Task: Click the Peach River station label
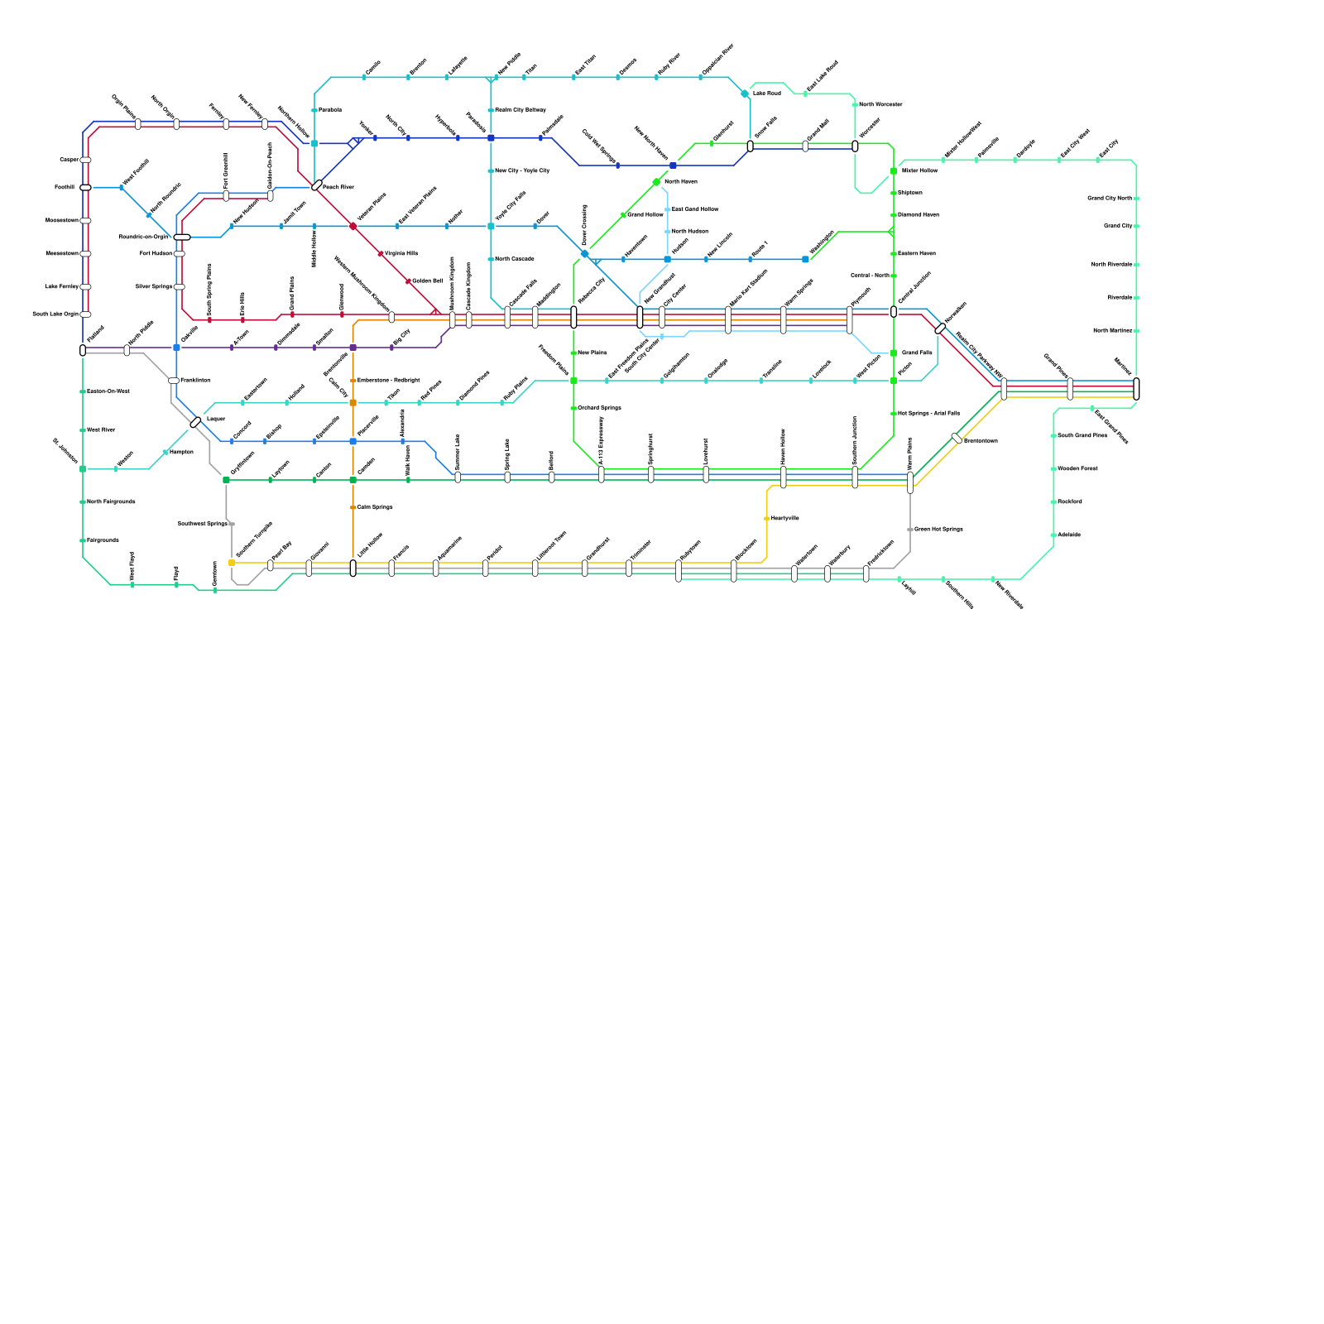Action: pos(338,187)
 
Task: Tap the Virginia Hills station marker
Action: pos(381,253)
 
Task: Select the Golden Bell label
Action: pos(427,281)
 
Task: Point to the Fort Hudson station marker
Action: pos(180,253)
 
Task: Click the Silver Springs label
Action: pos(154,286)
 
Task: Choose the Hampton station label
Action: pos(181,452)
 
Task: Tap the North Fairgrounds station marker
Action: pos(83,501)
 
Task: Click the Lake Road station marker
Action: pos(745,94)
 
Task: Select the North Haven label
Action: pos(680,181)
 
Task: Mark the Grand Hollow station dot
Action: pos(623,215)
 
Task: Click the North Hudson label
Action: pos(689,231)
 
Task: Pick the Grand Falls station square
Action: pos(894,353)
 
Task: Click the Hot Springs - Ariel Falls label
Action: pos(928,413)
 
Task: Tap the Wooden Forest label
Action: pos(1077,468)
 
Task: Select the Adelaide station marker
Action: pos(1053,535)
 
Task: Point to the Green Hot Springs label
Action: pos(938,529)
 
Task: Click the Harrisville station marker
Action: pos(767,518)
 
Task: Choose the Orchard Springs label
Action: pos(599,408)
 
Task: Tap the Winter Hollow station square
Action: pos(894,170)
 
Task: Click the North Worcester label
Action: pos(880,104)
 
